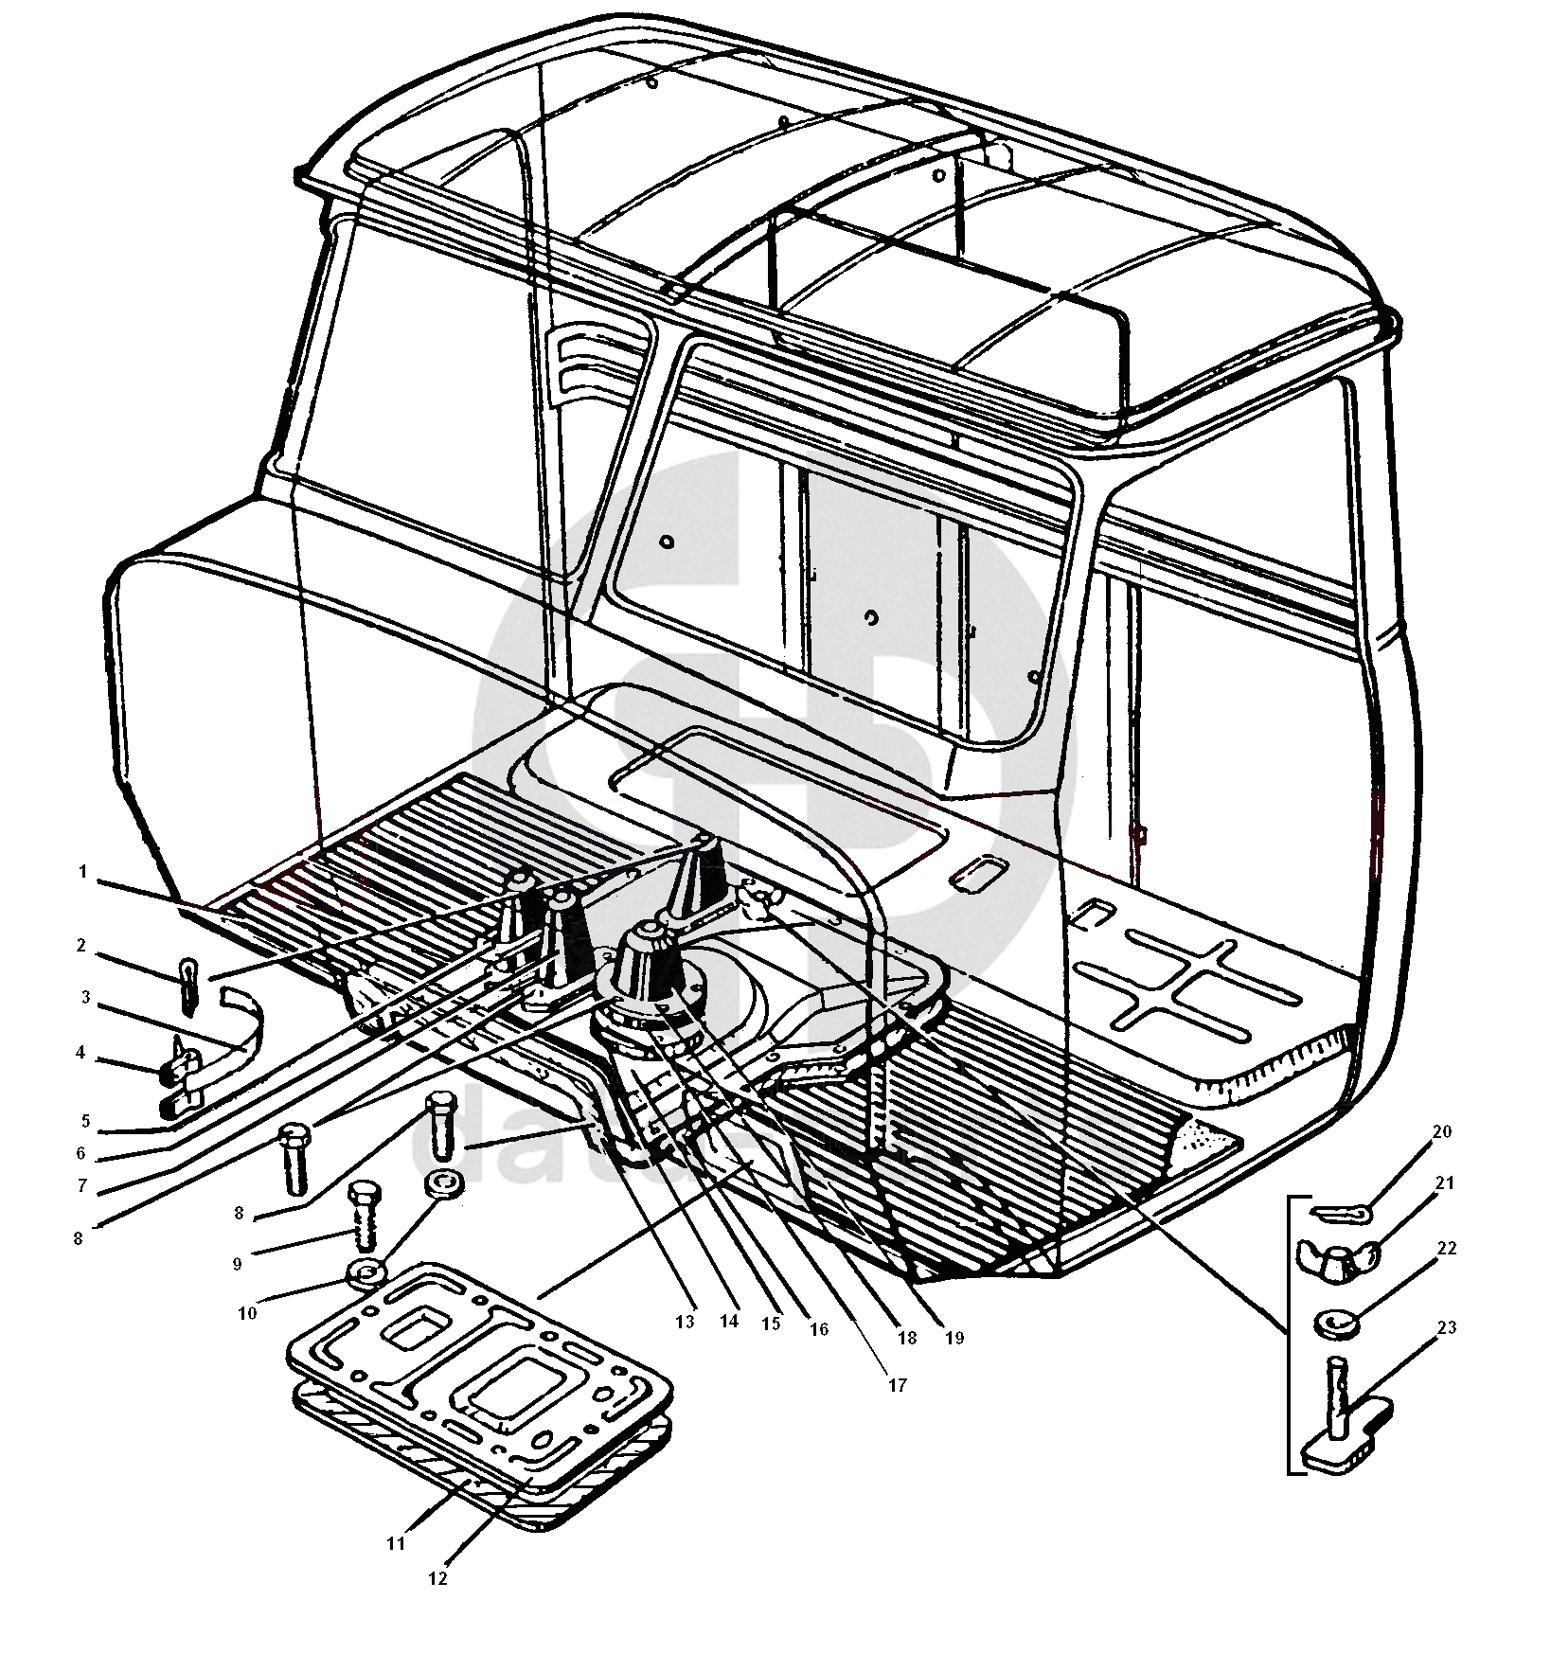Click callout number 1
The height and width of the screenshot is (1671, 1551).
point(82,872)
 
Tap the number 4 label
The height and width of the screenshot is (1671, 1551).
point(80,1053)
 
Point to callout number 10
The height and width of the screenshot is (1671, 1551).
point(247,1313)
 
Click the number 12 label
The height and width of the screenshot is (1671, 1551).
point(437,1578)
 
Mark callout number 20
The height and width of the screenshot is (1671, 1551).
point(1441,1131)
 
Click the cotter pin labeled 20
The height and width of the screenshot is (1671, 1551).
point(1337,1211)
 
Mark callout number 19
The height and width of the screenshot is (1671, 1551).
point(954,1338)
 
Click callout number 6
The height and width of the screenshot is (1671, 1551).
point(80,1153)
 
